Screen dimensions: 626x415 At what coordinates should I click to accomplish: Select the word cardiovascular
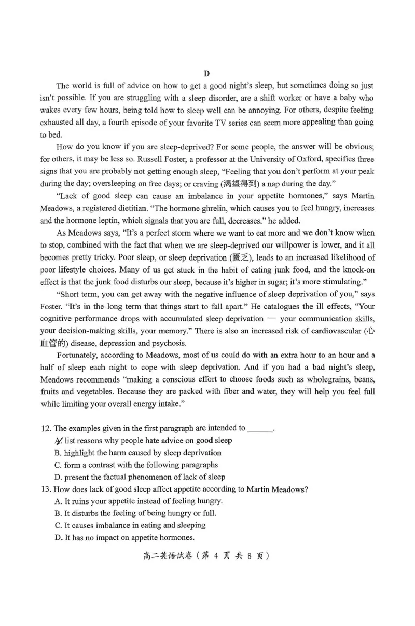pyautogui.click(x=335, y=331)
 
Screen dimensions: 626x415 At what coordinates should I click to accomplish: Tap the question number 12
pyautogui.click(x=45, y=428)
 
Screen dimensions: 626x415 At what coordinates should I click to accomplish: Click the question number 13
pyautogui.click(x=45, y=489)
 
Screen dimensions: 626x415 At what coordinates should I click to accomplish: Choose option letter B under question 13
pyautogui.click(x=58, y=513)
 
